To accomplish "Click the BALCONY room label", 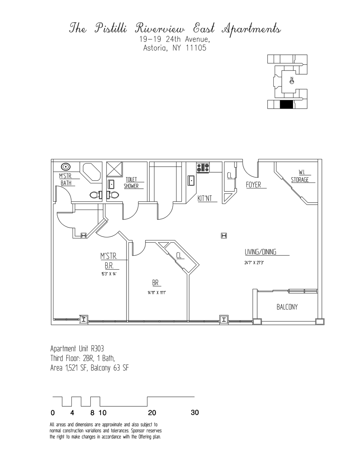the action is (x=287, y=307).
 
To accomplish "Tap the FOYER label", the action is (x=253, y=185).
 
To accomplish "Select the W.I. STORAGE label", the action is (x=300, y=176).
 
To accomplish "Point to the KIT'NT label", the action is (x=205, y=198).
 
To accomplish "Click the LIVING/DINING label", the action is (x=260, y=252).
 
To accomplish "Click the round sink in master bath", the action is (x=66, y=167).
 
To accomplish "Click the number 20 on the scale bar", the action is (x=152, y=413).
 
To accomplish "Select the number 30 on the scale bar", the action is (x=195, y=413).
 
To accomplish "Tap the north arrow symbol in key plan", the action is (x=292, y=80).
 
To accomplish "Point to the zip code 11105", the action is (x=196, y=48).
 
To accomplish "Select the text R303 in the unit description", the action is (x=97, y=349).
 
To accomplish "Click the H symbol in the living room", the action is (x=224, y=236).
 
